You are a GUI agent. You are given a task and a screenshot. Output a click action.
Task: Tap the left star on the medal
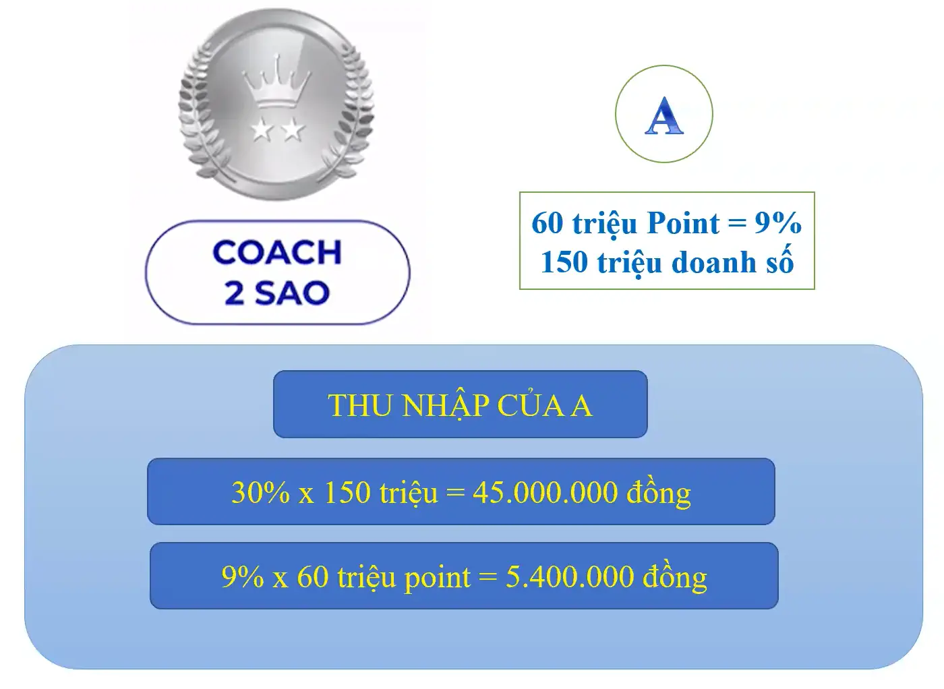(x=261, y=129)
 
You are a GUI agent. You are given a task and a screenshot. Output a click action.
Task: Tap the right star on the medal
(x=293, y=129)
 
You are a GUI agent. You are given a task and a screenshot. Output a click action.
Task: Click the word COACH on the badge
(x=277, y=253)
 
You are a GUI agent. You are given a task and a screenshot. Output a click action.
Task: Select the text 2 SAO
(x=277, y=293)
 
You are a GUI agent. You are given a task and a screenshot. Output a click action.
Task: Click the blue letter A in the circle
(x=664, y=115)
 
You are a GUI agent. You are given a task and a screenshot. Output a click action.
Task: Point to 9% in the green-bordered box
(x=777, y=223)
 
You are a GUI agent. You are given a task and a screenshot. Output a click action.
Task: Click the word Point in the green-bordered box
(x=683, y=223)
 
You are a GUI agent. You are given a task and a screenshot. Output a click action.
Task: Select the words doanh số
(x=732, y=262)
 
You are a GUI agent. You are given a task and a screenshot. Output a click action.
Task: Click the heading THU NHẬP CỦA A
(x=460, y=406)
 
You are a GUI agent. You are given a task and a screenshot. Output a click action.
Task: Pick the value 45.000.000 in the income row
(x=545, y=493)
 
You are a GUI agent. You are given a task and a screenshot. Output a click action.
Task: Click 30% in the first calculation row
(x=260, y=493)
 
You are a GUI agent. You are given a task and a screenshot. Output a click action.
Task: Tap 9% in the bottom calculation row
(x=243, y=577)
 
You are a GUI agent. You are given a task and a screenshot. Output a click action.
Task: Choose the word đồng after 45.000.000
(x=659, y=493)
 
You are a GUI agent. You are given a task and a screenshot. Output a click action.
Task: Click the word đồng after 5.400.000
(x=675, y=577)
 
